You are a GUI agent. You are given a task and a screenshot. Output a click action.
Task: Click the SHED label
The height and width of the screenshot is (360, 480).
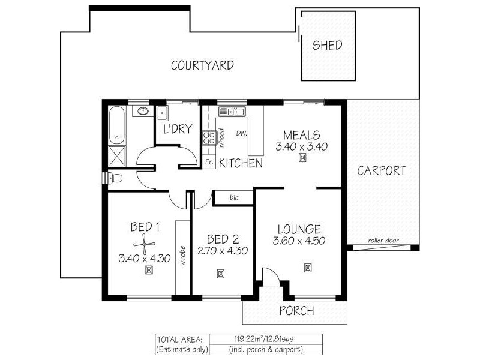tap(328, 46)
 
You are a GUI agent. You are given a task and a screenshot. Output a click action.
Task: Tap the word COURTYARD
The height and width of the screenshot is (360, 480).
tap(202, 65)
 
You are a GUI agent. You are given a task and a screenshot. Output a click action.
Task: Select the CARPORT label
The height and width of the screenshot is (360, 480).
tap(382, 170)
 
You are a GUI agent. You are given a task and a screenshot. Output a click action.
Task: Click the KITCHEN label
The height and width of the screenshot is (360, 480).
tap(241, 163)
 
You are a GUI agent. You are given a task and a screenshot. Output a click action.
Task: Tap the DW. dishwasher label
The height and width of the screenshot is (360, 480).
tap(242, 133)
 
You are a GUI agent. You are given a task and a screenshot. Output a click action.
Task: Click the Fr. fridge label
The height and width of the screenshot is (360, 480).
tap(209, 162)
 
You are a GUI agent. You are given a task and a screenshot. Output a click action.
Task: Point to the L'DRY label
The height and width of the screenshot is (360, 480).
tap(177, 129)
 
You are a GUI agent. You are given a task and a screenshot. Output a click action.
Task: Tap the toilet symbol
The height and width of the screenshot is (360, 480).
tap(115, 178)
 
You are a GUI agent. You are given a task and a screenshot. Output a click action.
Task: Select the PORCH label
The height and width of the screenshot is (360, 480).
tap(297, 311)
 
